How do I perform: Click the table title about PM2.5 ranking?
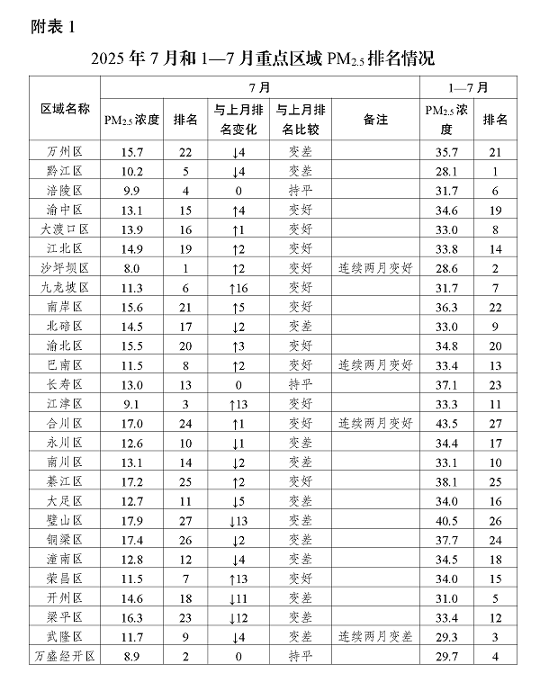(262, 59)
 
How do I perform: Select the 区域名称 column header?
(65, 109)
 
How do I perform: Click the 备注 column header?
(375, 119)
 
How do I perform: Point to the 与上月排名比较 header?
(301, 119)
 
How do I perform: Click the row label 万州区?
(65, 152)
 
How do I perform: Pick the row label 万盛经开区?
(65, 658)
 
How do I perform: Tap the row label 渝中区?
(65, 210)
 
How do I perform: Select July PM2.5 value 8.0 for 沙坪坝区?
(130, 267)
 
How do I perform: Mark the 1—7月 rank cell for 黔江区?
(495, 171)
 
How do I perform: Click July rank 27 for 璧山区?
(185, 520)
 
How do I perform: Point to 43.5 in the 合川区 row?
(447, 423)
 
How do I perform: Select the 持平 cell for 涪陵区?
(301, 190)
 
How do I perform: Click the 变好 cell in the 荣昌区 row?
(301, 579)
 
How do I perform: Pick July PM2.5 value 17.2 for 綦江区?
(130, 481)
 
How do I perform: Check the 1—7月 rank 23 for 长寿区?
(495, 384)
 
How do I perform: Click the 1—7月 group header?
(468, 88)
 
